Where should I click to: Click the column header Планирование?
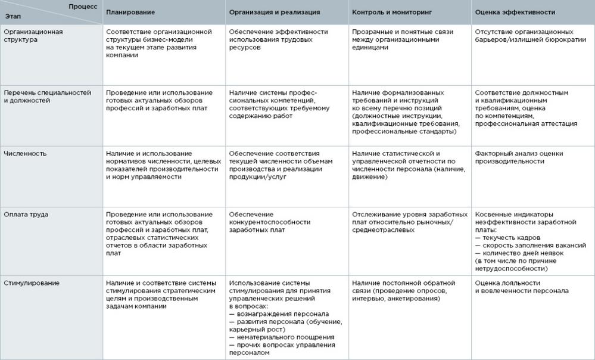pos(130,12)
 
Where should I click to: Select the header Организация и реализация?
pos(274,12)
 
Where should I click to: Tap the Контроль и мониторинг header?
pos(391,12)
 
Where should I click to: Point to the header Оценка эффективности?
pos(515,12)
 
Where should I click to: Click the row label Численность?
pos(25,154)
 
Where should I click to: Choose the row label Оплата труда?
pos(26,215)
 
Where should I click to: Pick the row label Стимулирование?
pos(32,283)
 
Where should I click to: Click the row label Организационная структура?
pos(33,36)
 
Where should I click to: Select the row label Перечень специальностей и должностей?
pos(47,97)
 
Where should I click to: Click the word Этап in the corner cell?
pos(13,18)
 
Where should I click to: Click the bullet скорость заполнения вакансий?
pos(530,245)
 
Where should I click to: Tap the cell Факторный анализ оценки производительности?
pos(519,157)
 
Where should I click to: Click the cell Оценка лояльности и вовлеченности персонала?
pos(522,287)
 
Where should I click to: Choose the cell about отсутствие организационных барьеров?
pos(524,36)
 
